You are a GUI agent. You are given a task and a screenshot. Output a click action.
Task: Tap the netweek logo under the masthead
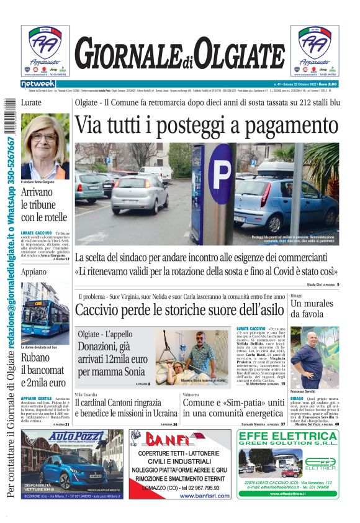point(38,84)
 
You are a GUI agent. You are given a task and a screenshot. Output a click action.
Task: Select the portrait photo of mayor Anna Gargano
point(45,147)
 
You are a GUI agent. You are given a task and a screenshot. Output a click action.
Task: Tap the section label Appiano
point(34,272)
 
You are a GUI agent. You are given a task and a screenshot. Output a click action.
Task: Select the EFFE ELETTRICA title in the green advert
point(287,438)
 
